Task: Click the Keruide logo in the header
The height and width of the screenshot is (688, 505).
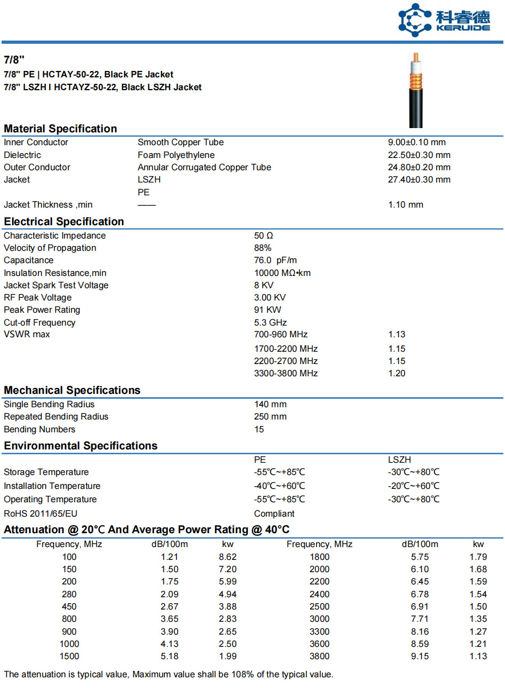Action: click(x=444, y=20)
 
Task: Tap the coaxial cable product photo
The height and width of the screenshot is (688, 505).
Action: click(x=416, y=91)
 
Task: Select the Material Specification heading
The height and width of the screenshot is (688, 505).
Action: click(x=60, y=129)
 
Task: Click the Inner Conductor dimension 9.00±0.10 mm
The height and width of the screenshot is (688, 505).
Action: click(x=416, y=143)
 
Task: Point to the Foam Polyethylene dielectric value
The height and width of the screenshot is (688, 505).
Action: click(x=176, y=155)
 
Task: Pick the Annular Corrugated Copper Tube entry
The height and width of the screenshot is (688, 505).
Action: click(x=204, y=168)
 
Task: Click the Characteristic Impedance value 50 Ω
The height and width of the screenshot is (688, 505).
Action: click(x=264, y=236)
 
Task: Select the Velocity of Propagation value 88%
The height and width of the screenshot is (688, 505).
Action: click(x=263, y=248)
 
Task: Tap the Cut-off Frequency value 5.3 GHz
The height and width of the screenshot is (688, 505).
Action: click(x=270, y=323)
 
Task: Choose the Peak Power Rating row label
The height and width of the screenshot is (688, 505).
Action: click(x=42, y=310)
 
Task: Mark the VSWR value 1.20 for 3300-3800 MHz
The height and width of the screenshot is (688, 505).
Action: click(x=397, y=374)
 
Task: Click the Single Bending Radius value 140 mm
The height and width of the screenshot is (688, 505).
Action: click(x=270, y=405)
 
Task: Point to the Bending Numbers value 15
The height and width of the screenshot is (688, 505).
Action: click(x=259, y=430)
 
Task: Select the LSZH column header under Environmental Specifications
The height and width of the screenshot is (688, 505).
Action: click(x=399, y=460)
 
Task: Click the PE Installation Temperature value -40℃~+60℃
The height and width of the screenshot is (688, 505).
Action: click(x=279, y=486)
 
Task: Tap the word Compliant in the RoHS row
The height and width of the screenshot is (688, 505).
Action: click(x=274, y=514)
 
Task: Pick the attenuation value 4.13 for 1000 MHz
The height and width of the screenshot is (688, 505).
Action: click(x=170, y=644)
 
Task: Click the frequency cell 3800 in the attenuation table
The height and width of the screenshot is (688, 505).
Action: click(x=319, y=657)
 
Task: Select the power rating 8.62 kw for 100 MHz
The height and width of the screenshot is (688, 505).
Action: click(x=227, y=557)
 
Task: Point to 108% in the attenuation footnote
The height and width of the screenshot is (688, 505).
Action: click(x=242, y=675)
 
